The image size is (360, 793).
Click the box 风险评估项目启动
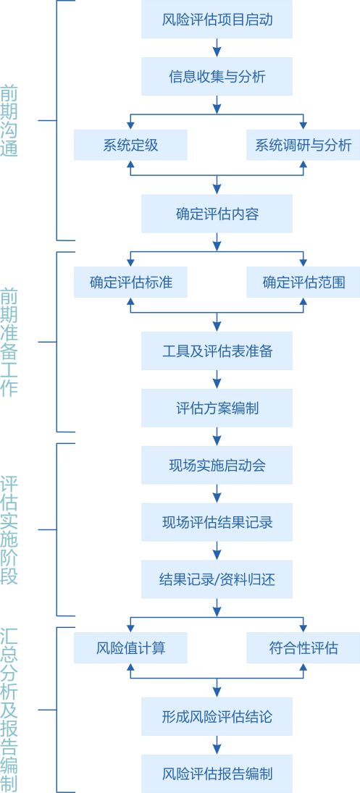pos(217,20)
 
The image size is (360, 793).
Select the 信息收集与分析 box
pos(217,76)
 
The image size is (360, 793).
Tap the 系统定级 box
pos(130,145)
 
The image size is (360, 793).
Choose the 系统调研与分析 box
pos(303,145)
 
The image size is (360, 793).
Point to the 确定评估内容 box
pos(217,214)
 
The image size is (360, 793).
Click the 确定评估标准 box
pos(130,282)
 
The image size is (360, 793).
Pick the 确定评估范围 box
pos(303,282)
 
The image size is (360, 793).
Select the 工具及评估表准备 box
pos(217,351)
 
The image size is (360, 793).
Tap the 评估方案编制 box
pos(217,408)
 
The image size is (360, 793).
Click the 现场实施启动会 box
pos(217,465)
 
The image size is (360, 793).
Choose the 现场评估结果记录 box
pos(217,522)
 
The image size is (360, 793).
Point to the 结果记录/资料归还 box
pos(217,579)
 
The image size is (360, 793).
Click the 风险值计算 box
pos(130,647)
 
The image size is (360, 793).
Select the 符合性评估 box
pos(303,647)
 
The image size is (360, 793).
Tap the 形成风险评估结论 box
pos(217,716)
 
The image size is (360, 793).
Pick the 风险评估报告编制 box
pos(217,773)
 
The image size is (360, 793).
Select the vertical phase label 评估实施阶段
pos(9,530)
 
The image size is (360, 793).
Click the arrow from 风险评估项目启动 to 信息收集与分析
pos(217,48)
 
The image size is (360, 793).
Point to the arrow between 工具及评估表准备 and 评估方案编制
pos(217,379)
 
